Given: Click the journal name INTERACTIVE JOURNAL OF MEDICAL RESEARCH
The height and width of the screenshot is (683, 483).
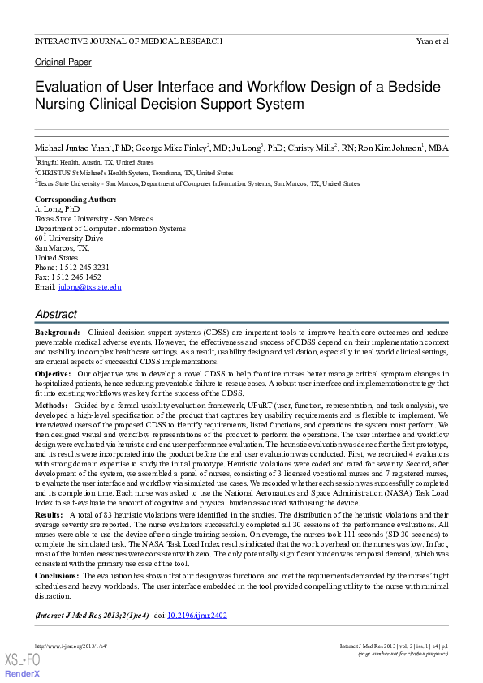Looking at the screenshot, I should pyautogui.click(x=128, y=41).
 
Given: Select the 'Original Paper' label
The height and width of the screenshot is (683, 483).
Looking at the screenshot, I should pyautogui.click(x=63, y=62).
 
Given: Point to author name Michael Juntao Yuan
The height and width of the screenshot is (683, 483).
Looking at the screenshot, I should pyautogui.click(x=71, y=148).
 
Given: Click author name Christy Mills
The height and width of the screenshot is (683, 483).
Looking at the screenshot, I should pyautogui.click(x=311, y=148).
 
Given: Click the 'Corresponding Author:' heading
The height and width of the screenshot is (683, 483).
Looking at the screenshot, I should pyautogui.click(x=75, y=200).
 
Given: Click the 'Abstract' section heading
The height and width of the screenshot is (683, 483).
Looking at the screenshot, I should pyautogui.click(x=56, y=314).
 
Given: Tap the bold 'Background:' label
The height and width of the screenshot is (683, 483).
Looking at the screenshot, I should pyautogui.click(x=57, y=333).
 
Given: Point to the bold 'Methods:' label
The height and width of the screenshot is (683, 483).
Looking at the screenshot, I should pyautogui.click(x=52, y=404).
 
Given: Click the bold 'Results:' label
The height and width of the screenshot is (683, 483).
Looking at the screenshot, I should pyautogui.click(x=50, y=515).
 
